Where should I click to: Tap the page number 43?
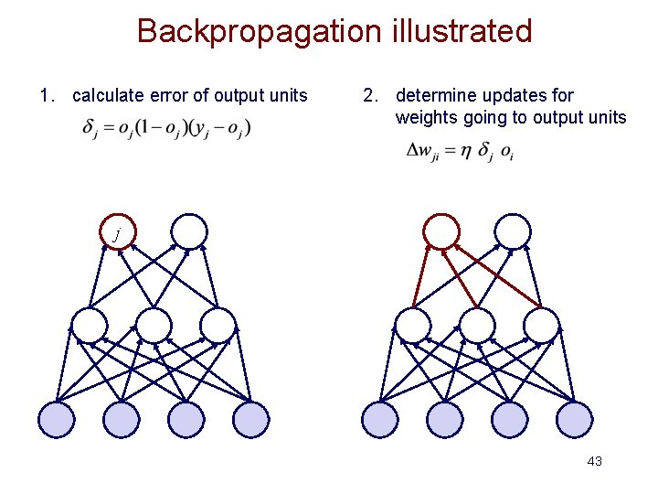[x=594, y=461]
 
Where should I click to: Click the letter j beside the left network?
[x=116, y=235]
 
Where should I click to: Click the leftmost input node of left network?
[x=57, y=419]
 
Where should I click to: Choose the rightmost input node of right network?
[x=575, y=419]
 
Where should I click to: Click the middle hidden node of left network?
[x=153, y=325]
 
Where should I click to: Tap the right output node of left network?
[x=189, y=231]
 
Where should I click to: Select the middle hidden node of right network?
[x=477, y=325]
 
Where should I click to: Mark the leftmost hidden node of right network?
[x=412, y=325]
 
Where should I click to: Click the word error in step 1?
[x=171, y=95]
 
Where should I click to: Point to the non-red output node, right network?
[x=513, y=231]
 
